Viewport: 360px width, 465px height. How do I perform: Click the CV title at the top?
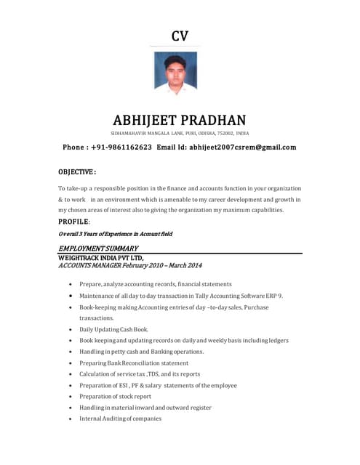tap(180, 36)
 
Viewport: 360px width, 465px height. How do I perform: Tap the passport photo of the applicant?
tap(175, 73)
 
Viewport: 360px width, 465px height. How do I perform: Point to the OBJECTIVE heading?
tap(77, 172)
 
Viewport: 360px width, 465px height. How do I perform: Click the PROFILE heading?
tap(74, 221)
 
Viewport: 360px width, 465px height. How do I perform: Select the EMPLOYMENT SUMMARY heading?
tap(98, 248)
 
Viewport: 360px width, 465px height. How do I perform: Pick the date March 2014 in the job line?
tap(183, 265)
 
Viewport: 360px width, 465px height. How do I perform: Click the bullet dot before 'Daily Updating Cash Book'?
tap(69, 330)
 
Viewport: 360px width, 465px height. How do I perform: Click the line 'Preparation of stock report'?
tap(115, 397)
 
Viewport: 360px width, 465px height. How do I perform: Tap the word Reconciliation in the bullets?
tap(149, 363)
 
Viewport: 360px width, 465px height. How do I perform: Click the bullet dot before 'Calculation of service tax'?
tap(69, 374)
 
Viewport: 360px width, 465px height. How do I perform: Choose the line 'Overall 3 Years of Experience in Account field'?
tap(115, 234)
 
